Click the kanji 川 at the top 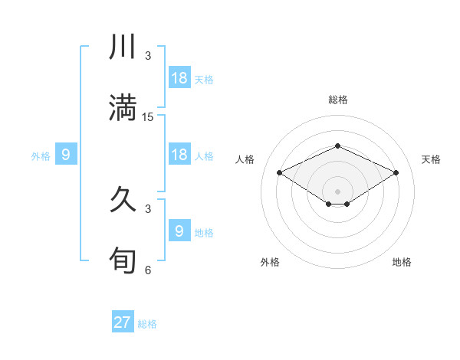point(123,47)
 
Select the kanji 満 point(123,108)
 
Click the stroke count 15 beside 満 point(148,117)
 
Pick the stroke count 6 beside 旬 point(148,270)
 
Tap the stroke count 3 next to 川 point(148,56)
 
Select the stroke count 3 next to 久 point(148,208)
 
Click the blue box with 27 point(123,322)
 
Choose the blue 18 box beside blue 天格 point(179,77)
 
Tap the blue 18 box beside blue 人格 point(179,154)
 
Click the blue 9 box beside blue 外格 point(66,155)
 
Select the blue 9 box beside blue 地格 point(179,231)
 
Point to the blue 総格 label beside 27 point(147,324)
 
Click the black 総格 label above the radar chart point(337,100)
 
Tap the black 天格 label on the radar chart point(431,159)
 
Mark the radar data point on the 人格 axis point(280,173)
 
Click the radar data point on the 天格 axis point(396,173)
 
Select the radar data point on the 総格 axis point(337,146)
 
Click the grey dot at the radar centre point(337,191)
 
